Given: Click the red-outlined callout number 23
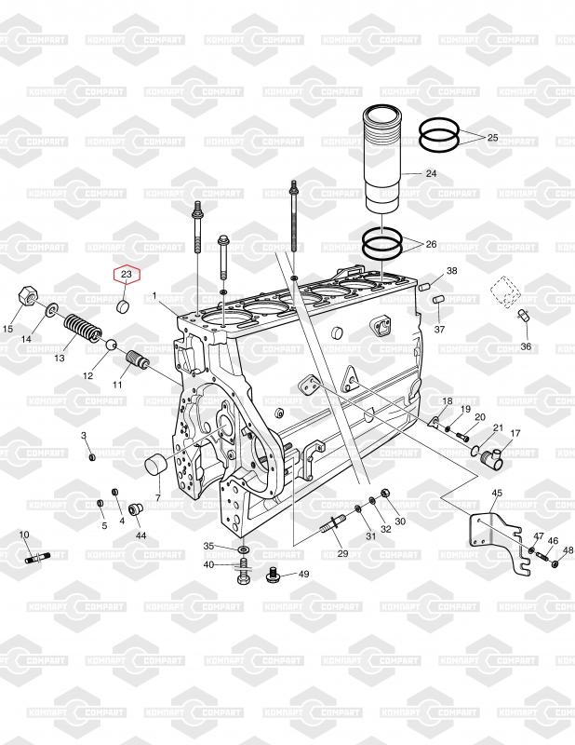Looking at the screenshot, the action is (x=127, y=274).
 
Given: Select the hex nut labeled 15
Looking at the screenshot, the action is (x=26, y=296).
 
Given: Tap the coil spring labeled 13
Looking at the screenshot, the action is (x=83, y=329).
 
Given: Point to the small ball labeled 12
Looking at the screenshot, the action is (x=111, y=344).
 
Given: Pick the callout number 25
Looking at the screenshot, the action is (x=493, y=137).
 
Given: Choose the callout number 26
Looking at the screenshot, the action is (x=431, y=244).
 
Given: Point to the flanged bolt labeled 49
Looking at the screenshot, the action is (x=273, y=574).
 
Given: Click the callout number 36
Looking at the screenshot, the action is (x=526, y=346).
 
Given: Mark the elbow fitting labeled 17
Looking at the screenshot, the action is (x=489, y=457).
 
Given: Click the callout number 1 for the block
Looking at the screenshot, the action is (x=154, y=296).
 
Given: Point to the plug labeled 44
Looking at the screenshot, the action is (x=137, y=509).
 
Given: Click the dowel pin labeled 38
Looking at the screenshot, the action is (x=424, y=287).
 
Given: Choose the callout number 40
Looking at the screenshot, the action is (x=209, y=564).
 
